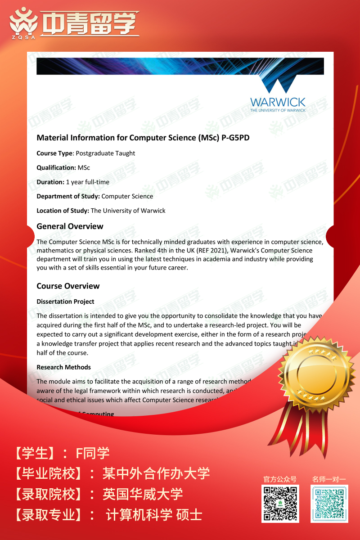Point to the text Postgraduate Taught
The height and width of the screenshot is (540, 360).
105,153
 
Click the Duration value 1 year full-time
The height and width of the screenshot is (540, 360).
87,182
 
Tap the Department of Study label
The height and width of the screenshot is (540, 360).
68,196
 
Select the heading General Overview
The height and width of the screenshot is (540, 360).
70,226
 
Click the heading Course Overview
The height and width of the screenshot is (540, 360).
68,286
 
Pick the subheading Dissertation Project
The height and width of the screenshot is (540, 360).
65,301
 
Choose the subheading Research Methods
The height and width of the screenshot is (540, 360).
63,367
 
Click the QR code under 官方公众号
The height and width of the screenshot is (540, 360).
280,504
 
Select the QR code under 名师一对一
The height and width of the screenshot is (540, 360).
329,504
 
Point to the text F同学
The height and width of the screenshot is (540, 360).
93,453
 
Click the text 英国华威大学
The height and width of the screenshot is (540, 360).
143,494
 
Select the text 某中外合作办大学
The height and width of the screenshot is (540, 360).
156,473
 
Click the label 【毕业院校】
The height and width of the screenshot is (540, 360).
49,473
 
